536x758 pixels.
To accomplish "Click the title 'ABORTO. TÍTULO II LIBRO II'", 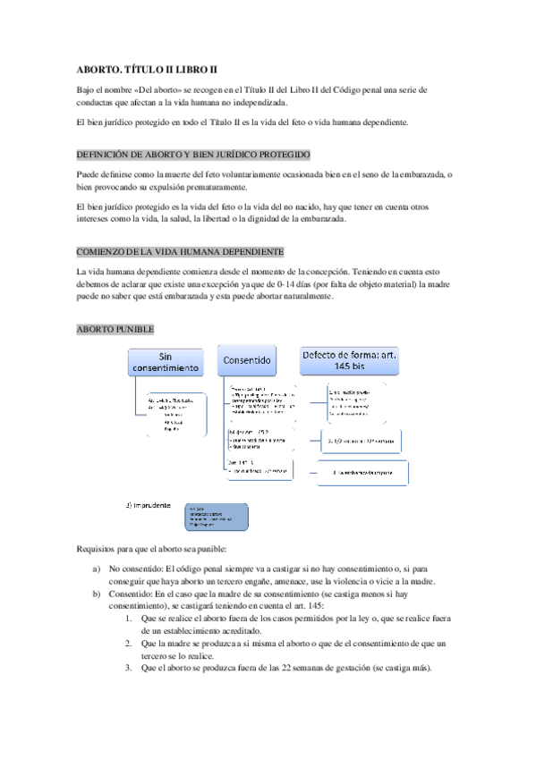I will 148,69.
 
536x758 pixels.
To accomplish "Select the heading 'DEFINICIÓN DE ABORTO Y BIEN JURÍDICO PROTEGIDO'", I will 194,154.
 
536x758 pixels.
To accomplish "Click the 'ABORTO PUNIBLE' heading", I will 115,329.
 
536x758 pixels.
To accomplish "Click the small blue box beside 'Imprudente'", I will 215,516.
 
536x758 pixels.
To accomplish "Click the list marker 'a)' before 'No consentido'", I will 96,568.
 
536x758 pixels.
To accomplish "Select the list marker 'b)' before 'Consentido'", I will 96,594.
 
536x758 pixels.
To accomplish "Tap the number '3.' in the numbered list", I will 129,669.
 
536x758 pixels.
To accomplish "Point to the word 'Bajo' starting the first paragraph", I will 88,89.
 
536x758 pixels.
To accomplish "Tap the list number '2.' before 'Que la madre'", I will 129,644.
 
